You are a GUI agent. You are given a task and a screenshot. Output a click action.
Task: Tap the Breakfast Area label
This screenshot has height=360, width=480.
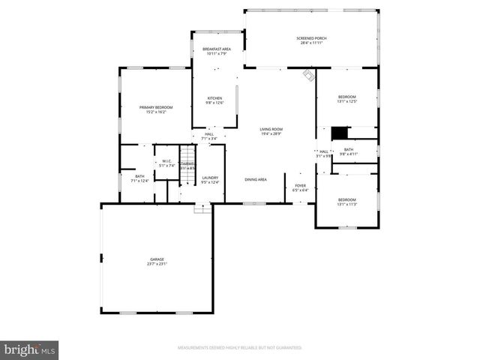click(216, 51)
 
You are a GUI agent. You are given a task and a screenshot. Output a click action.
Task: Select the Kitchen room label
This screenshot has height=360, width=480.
click(215, 101)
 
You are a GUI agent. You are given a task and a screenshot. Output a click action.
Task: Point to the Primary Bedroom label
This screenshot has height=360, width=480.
click(156, 109)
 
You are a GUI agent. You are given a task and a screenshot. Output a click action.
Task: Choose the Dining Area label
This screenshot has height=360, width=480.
click(256, 180)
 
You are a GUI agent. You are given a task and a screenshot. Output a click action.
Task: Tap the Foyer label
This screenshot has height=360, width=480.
click(300, 187)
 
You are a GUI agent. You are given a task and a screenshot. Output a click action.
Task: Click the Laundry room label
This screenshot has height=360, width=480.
click(210, 180)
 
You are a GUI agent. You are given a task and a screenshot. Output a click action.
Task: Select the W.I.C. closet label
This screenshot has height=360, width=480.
click(167, 163)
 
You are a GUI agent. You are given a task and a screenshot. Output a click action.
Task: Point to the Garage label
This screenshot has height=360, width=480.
click(157, 261)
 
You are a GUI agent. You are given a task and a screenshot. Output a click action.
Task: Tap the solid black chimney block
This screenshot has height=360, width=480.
click(340, 133)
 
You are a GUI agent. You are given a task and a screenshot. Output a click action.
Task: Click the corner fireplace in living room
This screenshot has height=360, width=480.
click(307, 75)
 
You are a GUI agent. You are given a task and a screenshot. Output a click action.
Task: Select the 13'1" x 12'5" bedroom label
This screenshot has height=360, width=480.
click(346, 99)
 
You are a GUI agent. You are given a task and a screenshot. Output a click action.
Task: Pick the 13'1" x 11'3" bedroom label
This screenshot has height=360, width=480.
click(346, 201)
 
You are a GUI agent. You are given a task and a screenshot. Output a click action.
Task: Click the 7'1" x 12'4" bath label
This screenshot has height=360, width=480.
click(140, 178)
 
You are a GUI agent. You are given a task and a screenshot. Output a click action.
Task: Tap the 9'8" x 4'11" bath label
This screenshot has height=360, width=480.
click(348, 151)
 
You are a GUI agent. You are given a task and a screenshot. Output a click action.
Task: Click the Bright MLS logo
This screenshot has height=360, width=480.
click(30, 349)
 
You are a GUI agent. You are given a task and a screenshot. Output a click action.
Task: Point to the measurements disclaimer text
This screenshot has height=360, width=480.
click(239, 348)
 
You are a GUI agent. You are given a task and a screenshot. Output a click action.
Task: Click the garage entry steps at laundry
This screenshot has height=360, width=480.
click(199, 208)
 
